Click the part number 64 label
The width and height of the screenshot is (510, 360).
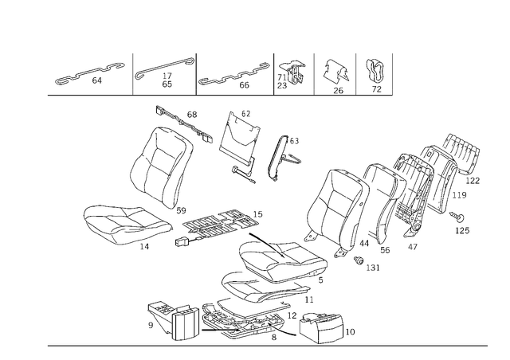tap(97, 80)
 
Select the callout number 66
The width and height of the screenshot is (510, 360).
tap(244, 85)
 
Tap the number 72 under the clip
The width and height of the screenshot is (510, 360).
tap(376, 89)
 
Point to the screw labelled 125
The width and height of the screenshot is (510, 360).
tap(457, 216)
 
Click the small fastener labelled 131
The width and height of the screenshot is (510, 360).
tap(359, 260)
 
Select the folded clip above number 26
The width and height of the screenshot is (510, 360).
tap(335, 72)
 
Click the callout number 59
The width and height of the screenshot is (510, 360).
tap(181, 211)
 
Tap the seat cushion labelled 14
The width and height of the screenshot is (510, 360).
tap(127, 224)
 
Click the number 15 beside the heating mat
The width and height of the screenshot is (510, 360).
tap(257, 214)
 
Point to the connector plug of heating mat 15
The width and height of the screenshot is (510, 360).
tap(182, 243)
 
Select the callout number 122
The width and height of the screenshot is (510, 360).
tap(473, 181)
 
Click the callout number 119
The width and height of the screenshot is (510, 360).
tap(459, 195)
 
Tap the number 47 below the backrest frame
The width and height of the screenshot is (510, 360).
tap(413, 247)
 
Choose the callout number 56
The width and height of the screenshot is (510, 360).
tap(385, 250)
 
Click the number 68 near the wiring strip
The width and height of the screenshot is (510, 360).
tap(192, 115)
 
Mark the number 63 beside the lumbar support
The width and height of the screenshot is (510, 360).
tap(294, 141)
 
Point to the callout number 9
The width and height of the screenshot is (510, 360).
tap(151, 325)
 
